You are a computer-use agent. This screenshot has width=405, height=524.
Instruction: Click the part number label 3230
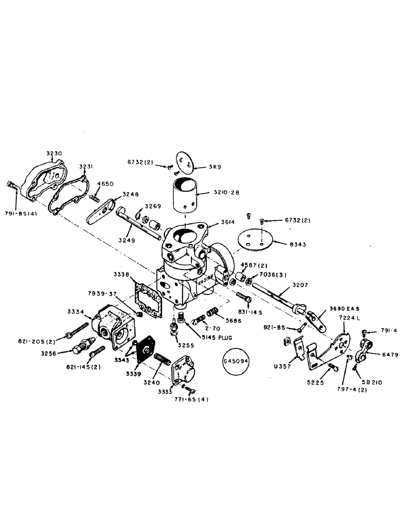54,153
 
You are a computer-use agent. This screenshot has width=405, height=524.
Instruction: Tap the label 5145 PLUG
216,337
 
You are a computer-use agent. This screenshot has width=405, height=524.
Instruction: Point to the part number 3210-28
226,193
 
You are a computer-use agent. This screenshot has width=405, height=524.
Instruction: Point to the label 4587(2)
253,265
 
